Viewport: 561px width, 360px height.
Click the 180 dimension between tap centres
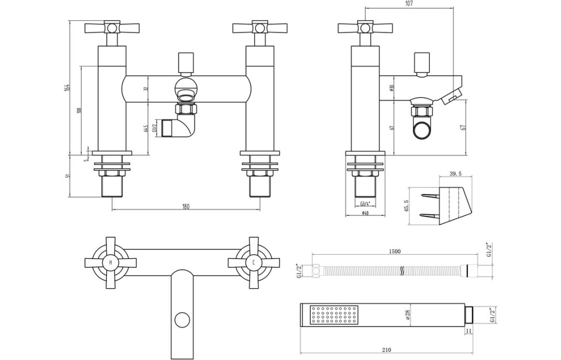[x=185, y=206]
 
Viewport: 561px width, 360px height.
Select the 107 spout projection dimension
[x=409, y=4]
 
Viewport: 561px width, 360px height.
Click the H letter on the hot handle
[x=111, y=262]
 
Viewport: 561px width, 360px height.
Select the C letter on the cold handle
[x=254, y=262]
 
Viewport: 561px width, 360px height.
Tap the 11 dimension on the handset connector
[x=468, y=332]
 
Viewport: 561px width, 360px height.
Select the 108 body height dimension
[x=79, y=110]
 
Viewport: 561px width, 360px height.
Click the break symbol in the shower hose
[x=403, y=270]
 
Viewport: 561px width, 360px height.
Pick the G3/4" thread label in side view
[x=365, y=204]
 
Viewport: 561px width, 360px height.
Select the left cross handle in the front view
[x=112, y=27]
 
